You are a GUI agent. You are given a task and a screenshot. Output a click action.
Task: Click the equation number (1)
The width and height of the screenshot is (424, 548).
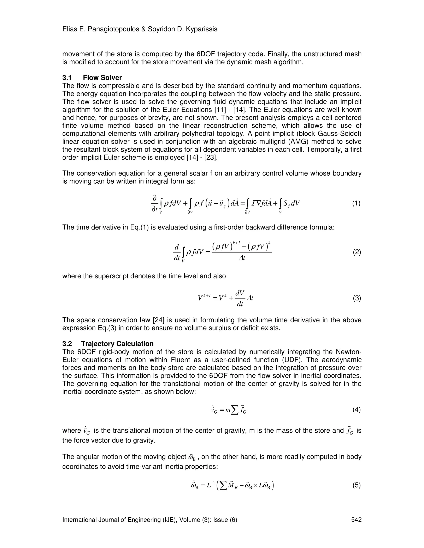pyautogui.click(x=356, y=203)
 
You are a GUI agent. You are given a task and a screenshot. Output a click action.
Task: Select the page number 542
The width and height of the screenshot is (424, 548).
pyautogui.click(x=356, y=520)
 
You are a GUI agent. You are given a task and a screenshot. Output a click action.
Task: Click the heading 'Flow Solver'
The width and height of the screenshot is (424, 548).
pyautogui.click(x=102, y=78)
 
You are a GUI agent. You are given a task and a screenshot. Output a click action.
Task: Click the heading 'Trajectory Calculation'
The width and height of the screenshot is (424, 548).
pyautogui.click(x=117, y=344)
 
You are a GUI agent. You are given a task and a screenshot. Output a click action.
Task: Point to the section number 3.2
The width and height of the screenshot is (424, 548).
pyautogui.click(x=67, y=344)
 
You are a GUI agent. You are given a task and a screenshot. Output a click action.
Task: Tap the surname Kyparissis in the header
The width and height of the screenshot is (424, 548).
pyautogui.click(x=201, y=29)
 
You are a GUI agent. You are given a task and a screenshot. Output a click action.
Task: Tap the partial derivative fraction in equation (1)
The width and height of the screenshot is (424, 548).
pyautogui.click(x=155, y=203)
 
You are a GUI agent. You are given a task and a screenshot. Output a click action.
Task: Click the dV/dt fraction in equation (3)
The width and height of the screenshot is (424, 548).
pyautogui.click(x=240, y=298)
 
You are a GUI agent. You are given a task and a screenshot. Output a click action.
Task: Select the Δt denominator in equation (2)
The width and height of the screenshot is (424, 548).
pyautogui.click(x=241, y=258)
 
